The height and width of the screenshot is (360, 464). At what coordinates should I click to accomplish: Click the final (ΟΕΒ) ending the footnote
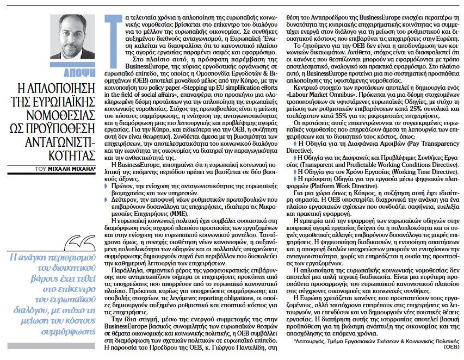[x=450, y=347]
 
